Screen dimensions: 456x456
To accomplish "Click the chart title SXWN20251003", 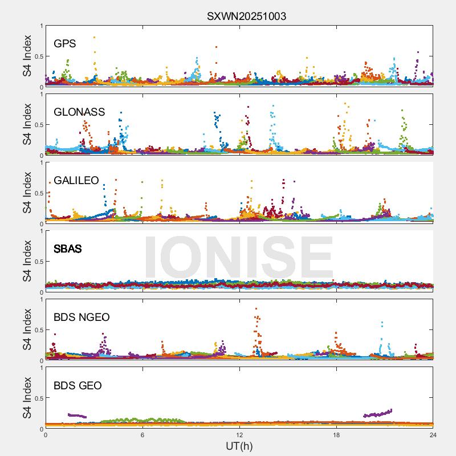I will pyautogui.click(x=246, y=16).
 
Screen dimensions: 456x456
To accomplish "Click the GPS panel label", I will pyautogui.click(x=65, y=43).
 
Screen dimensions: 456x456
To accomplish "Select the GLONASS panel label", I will pyautogui.click(x=79, y=112).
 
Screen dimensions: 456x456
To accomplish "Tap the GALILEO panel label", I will pyautogui.click(x=76, y=180).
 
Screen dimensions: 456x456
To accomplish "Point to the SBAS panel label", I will pyautogui.click(x=67, y=249).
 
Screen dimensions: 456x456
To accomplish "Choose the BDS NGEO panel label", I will pyautogui.click(x=82, y=317).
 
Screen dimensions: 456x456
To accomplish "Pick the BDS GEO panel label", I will pyautogui.click(x=78, y=385).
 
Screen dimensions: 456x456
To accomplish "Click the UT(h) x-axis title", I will pyautogui.click(x=239, y=446).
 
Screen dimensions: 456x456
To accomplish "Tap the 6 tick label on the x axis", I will pyautogui.click(x=142, y=435).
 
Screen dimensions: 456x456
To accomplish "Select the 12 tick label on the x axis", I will pyautogui.click(x=239, y=435).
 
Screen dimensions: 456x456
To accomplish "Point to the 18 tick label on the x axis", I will pyautogui.click(x=336, y=435).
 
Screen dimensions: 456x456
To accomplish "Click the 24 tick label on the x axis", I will pyautogui.click(x=433, y=435).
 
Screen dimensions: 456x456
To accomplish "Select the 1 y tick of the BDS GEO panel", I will pyautogui.click(x=41, y=368).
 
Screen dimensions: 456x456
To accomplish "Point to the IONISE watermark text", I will pyautogui.click(x=238, y=256).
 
